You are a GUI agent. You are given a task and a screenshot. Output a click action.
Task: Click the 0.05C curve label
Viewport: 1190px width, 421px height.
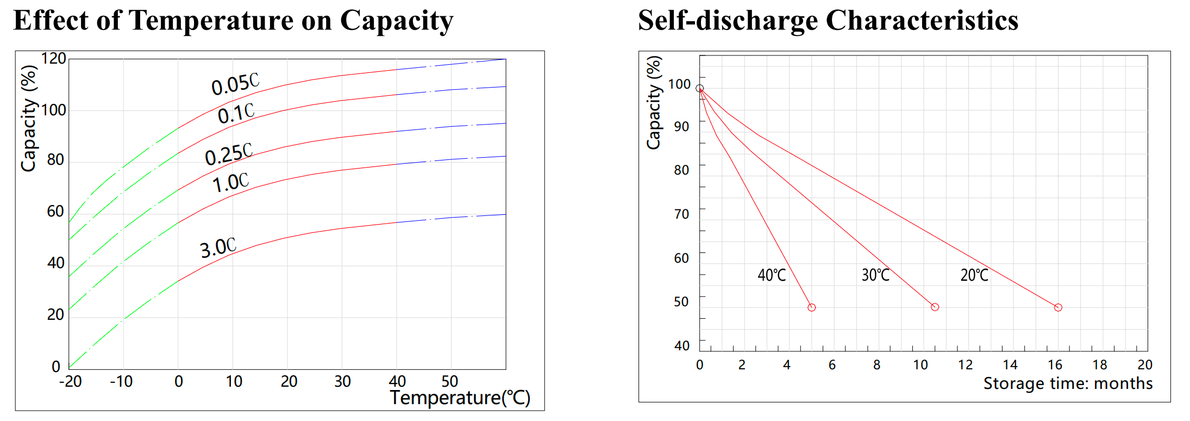coord(235,84)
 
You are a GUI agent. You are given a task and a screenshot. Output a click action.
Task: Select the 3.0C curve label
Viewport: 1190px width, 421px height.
coord(218,247)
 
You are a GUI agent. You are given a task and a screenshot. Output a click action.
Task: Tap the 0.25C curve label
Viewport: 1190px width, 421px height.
coord(229,154)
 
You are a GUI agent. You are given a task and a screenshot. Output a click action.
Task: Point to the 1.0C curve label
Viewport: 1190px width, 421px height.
coord(230,182)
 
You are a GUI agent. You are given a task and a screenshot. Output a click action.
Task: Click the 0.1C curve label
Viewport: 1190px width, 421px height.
coord(236,113)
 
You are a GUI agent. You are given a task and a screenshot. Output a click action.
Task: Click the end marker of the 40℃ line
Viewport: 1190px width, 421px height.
coord(811,307)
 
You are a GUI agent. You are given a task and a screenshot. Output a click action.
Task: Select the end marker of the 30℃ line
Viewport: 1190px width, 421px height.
coord(935,307)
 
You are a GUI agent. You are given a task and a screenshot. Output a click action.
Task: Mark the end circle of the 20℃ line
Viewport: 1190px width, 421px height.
coord(1058,307)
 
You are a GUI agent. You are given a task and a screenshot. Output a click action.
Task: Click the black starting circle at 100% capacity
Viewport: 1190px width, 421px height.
coord(699,88)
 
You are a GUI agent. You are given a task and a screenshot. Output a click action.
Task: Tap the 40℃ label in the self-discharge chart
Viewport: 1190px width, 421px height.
coord(772,275)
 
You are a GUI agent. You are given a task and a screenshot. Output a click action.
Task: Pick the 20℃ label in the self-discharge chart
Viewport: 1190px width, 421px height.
coord(974,275)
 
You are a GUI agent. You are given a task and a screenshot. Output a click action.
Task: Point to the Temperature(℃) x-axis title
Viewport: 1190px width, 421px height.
coord(460,398)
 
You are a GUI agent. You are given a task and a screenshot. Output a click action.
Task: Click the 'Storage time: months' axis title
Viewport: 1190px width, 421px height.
coord(1068,383)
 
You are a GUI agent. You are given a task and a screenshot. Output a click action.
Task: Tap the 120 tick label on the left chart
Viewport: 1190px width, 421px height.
coord(53,58)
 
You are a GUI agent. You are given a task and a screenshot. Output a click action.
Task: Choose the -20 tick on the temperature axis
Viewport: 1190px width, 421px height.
coord(70,381)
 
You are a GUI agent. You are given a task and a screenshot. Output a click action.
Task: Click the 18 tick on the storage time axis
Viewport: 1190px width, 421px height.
coord(1100,364)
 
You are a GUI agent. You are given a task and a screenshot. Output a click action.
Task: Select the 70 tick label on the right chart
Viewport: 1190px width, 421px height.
coord(681,214)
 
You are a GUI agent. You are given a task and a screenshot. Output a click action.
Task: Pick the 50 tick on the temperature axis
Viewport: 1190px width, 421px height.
coord(450,381)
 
